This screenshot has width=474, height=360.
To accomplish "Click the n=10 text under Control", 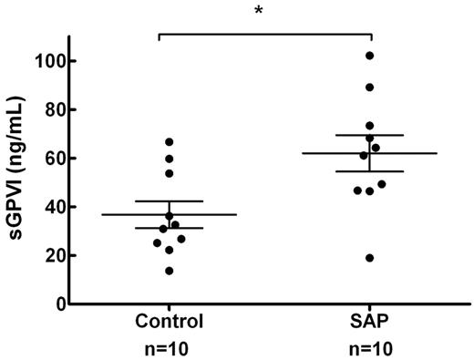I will tap(159, 346).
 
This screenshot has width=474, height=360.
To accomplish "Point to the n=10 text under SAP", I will tap(369, 346).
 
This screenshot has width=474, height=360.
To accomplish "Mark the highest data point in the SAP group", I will tap(369, 56).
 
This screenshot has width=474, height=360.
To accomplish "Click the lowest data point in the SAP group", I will tap(369, 258).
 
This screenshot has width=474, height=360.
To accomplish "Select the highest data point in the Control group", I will tap(169, 142).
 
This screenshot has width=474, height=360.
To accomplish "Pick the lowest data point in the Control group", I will tap(169, 271).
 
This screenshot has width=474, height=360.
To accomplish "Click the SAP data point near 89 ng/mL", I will tap(369, 87).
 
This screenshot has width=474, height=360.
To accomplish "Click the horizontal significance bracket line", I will tap(265, 34).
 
